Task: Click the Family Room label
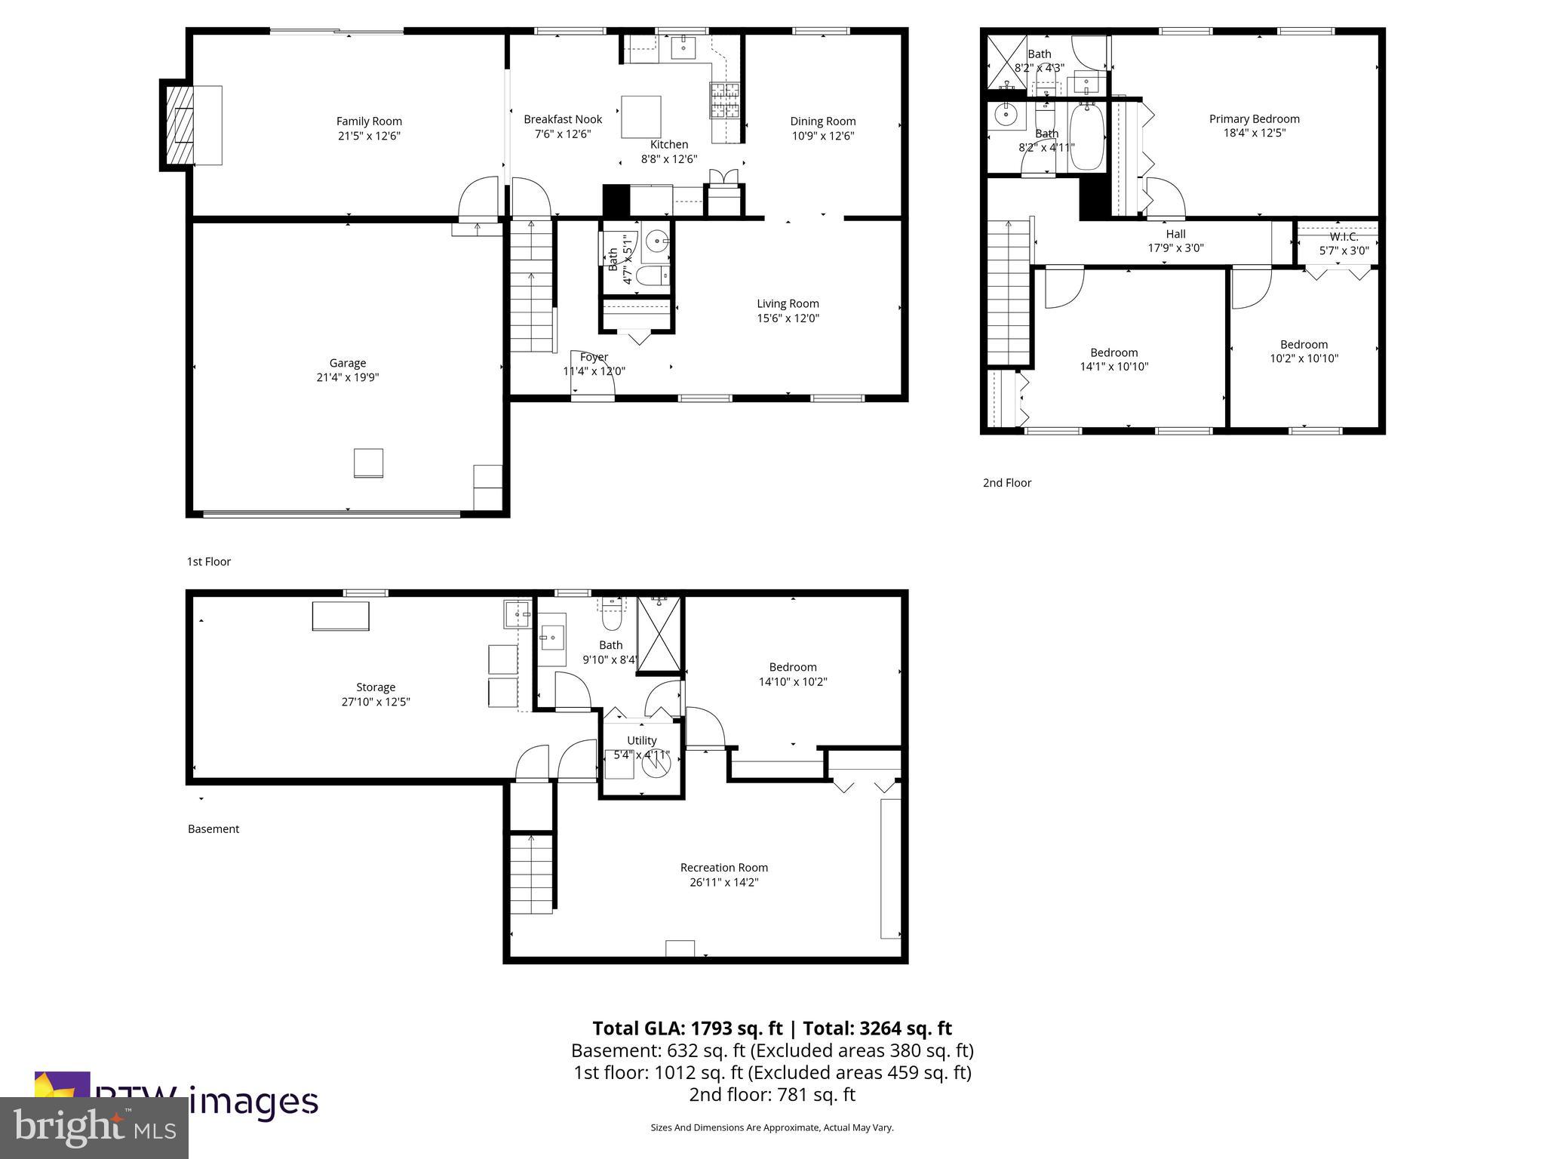369,121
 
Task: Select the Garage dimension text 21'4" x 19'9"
347,377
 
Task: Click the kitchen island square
640,117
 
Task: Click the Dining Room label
822,121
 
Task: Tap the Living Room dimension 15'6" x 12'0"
788,318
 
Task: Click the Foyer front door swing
593,374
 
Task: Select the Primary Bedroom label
1254,118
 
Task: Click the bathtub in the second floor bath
1086,137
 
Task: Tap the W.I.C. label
1344,237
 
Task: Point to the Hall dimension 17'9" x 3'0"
1175,248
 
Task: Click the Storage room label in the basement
376,687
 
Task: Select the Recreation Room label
723,868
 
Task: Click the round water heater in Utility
656,764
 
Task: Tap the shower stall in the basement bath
659,633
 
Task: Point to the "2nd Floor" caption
1006,483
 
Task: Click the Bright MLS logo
94,1128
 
